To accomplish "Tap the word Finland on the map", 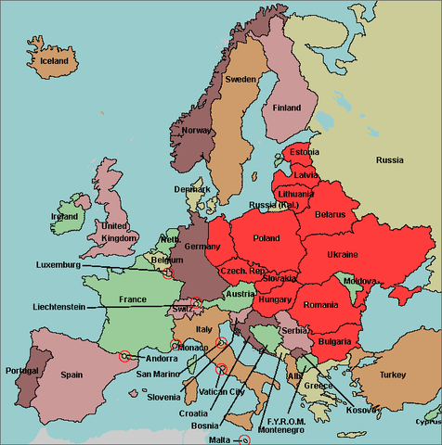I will point(287,108).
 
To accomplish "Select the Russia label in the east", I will point(389,160).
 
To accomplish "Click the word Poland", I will point(266,238).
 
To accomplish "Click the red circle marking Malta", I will point(245,439).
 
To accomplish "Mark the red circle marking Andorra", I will point(123,355).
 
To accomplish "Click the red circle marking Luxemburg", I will point(167,273).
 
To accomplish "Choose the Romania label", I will point(321,304).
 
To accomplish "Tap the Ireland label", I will point(64,216).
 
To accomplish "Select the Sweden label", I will point(240,80).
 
